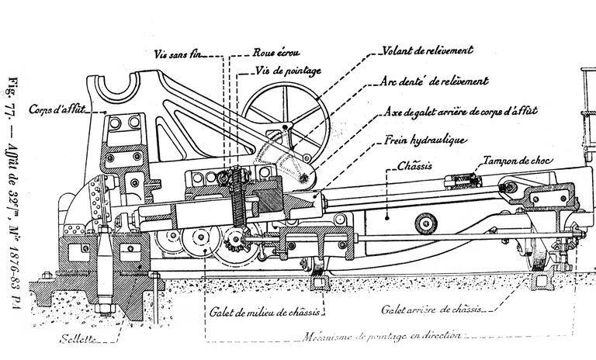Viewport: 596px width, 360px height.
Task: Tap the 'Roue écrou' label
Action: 272,54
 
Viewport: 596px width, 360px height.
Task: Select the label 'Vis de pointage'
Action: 287,71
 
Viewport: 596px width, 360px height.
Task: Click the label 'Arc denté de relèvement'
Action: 435,81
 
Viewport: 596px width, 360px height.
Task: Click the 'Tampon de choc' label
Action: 515,161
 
